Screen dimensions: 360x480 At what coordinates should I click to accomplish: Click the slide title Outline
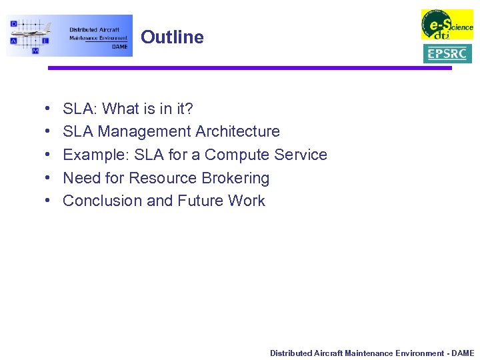point(172,37)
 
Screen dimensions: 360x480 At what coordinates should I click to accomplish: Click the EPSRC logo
point(447,54)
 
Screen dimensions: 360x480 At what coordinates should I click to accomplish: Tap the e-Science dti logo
point(447,25)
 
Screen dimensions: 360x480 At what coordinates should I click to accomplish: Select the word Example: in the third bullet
point(96,155)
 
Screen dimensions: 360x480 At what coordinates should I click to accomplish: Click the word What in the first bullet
point(121,109)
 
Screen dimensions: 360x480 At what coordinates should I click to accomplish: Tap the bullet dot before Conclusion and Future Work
point(51,201)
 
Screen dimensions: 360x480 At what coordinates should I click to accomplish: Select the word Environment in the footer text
point(419,353)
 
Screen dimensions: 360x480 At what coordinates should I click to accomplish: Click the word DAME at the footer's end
point(463,353)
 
